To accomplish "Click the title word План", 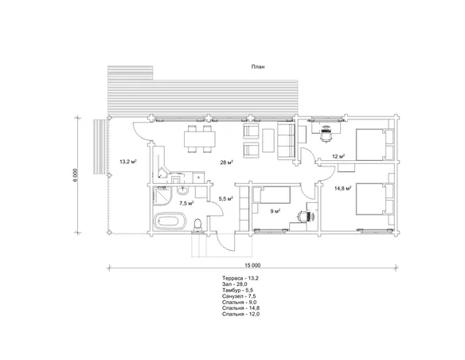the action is pos(258,67).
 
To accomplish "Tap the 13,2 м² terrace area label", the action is pos(128,162).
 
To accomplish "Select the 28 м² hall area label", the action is pos(227,162).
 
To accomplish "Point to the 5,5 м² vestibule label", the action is pos(225,199).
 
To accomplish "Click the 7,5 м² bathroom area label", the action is pos(187,203).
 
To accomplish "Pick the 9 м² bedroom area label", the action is pos(275,211).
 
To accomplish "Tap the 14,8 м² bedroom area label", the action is pos(343,188).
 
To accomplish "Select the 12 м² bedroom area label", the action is pos(338,157).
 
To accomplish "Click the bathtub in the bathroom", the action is pos(170,221).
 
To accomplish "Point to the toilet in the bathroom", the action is pos(197,225).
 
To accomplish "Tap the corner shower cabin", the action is pos(162,195).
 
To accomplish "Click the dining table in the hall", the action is pos(200,139).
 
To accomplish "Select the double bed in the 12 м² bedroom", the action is pos(374,145).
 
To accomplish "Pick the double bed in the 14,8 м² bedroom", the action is pos(374,198).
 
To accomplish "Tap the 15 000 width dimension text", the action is pos(252,265).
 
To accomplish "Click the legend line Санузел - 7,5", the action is pos(239,296).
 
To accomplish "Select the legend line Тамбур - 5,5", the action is pos(238,291).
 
